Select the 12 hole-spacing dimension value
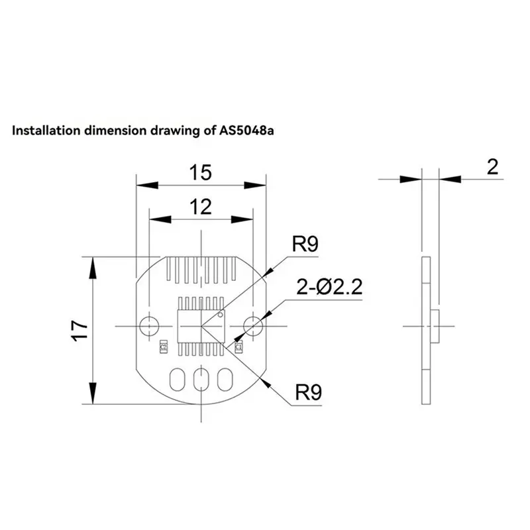199,207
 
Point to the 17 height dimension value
80,329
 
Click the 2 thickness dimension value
492,167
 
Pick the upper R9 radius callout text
305,244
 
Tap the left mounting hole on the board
148,325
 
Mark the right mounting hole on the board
252,325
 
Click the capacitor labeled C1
238,346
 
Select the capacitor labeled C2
162,346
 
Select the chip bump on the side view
436,325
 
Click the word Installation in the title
46,131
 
